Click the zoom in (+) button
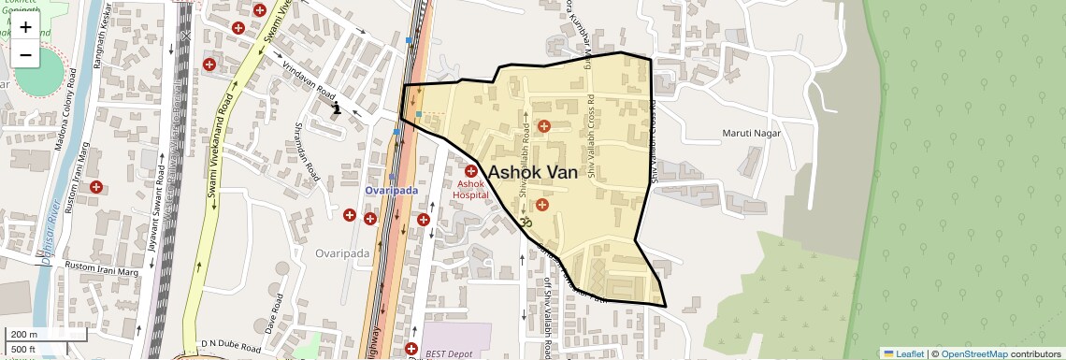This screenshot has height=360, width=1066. [x=25, y=27]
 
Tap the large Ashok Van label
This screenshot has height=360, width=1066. [x=532, y=172]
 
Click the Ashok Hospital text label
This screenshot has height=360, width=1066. [x=472, y=190]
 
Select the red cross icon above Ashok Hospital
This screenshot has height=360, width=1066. [x=472, y=171]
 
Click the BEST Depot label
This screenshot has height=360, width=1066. [x=448, y=353]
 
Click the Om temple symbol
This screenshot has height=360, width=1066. [x=525, y=222]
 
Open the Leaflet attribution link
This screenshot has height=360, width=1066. [x=903, y=353]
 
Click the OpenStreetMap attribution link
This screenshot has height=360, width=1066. [x=973, y=353]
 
